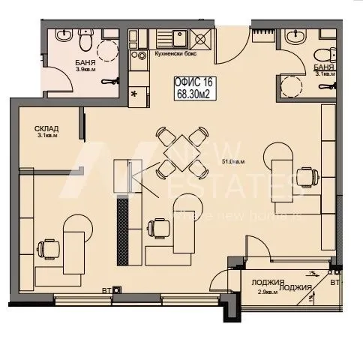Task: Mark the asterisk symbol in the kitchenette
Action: pos(134,94)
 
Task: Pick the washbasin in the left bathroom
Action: pos(63,35)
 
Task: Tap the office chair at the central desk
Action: pos(157,227)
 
